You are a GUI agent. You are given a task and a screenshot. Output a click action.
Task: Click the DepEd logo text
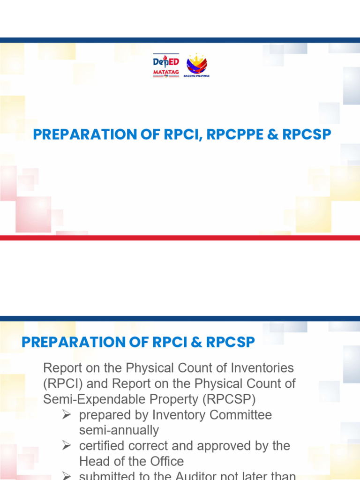coord(166,62)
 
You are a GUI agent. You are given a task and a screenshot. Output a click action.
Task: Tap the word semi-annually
coord(119,430)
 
